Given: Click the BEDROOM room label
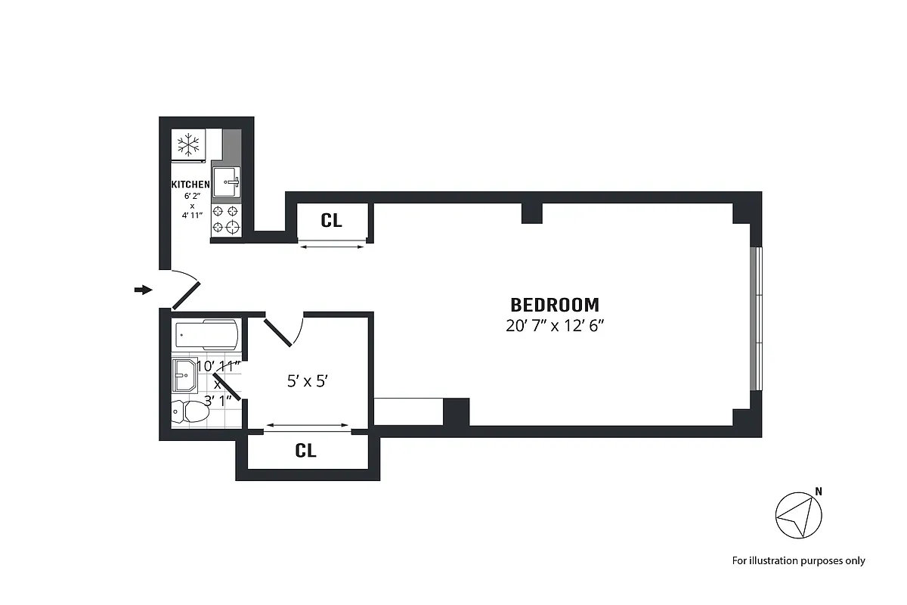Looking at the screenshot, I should [x=555, y=305].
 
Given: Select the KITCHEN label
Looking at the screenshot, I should [x=190, y=185].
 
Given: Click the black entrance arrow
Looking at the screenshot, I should [x=143, y=290].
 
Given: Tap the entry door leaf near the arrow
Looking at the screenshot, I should [x=186, y=296].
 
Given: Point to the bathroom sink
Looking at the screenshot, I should [x=184, y=373].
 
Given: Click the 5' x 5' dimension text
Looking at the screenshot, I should [x=306, y=382].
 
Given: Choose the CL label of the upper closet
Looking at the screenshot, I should [x=331, y=221].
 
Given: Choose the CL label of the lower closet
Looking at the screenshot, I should [x=305, y=451].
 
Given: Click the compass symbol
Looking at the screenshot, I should [x=798, y=516].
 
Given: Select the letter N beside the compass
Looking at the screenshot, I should [x=819, y=492].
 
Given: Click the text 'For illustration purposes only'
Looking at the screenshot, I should [x=798, y=560].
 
